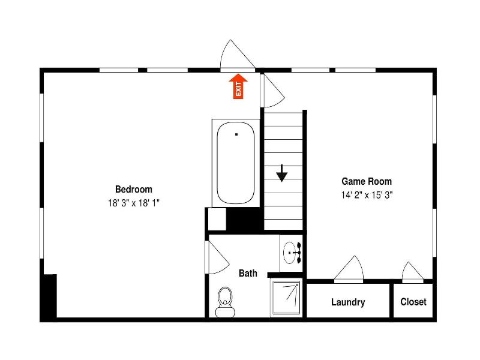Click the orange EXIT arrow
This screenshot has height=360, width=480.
pos(238,86)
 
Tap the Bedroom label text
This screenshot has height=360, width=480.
pos(134,190)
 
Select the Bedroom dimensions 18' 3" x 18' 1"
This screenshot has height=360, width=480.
pos(134,203)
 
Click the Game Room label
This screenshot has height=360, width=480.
pos(367,182)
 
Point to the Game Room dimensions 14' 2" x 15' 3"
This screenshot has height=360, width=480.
pos(367,195)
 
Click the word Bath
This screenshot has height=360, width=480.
pos(248,273)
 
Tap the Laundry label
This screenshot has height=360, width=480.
pos(348,302)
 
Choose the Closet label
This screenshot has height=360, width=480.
pos(413,302)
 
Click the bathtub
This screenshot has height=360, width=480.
pos(236,163)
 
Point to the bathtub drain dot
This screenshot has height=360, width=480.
pos(236,134)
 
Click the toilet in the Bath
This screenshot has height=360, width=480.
pos(225,302)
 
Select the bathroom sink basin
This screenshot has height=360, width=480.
pos(289,253)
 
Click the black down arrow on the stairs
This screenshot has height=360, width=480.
pos(281,173)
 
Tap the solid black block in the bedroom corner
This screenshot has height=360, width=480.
pos(49,296)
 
